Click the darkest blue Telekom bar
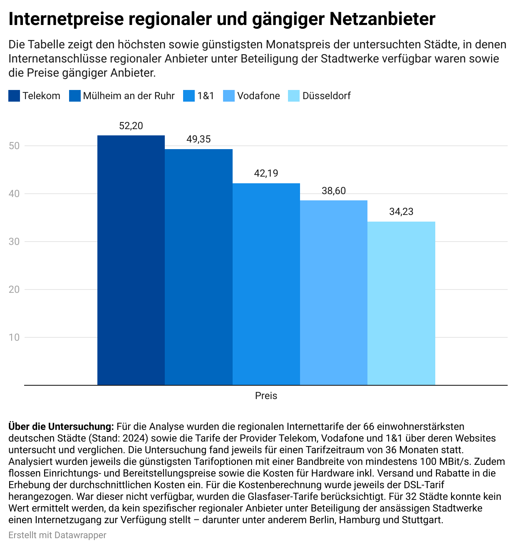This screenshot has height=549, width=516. tap(131, 260)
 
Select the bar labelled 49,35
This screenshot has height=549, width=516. tap(198, 267)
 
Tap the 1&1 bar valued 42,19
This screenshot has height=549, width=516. tap(266, 284)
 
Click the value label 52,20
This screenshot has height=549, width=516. tap(131, 126)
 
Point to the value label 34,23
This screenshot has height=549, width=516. tap(401, 212)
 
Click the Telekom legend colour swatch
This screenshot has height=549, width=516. tap(14, 96)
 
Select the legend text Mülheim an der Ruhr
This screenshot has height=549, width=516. tap(129, 96)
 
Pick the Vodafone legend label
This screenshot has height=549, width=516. tap(258, 96)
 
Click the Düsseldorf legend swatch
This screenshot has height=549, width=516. tap(294, 96)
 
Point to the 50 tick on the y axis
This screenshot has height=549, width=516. tap(14, 146)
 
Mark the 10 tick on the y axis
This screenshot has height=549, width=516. tap(14, 337)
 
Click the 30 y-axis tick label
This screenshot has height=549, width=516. tap(14, 242)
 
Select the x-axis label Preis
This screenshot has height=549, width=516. tap(266, 396)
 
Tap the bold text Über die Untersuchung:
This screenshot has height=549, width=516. tap(61, 427)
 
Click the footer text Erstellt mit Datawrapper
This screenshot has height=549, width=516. tap(57, 535)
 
